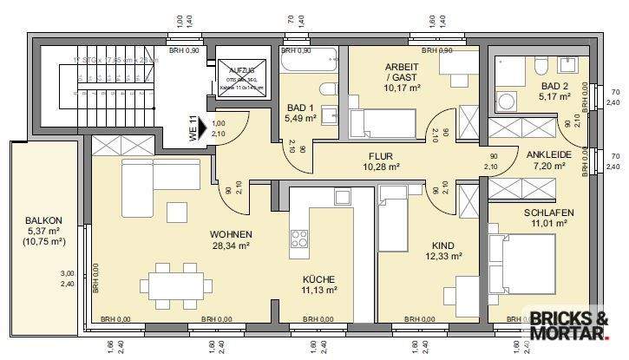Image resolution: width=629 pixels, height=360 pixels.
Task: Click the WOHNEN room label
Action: [x=230, y=235]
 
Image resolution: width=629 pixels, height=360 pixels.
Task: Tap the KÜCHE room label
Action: [x=319, y=279]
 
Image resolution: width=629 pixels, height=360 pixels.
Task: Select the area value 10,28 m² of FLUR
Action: [x=381, y=167]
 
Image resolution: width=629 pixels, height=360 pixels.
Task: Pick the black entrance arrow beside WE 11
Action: [x=203, y=129]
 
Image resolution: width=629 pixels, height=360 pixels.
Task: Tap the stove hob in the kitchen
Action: [x=299, y=239]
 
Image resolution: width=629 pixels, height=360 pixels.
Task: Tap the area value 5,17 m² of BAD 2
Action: [x=553, y=98]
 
